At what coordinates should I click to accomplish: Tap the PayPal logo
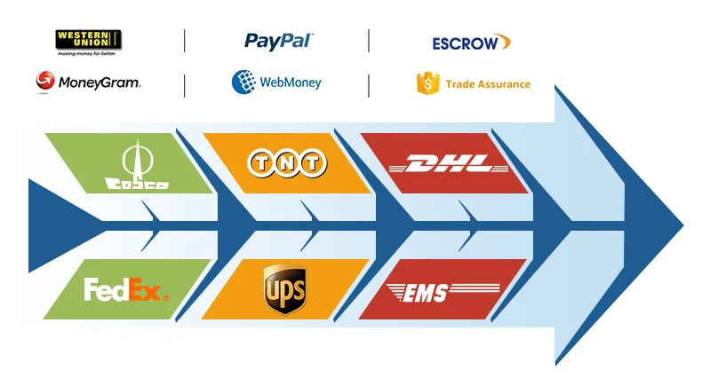(278, 41)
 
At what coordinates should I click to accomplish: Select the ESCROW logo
(471, 42)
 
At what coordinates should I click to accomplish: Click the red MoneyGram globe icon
(44, 83)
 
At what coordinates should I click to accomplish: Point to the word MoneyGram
(99, 83)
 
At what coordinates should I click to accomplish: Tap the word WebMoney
(291, 83)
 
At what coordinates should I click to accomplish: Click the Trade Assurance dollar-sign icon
(427, 83)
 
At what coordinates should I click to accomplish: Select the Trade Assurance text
(488, 84)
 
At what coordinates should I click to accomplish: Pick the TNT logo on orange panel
(287, 162)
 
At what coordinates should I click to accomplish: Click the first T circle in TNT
(261, 162)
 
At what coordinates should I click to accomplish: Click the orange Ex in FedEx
(146, 289)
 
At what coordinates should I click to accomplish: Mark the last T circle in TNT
(313, 162)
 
